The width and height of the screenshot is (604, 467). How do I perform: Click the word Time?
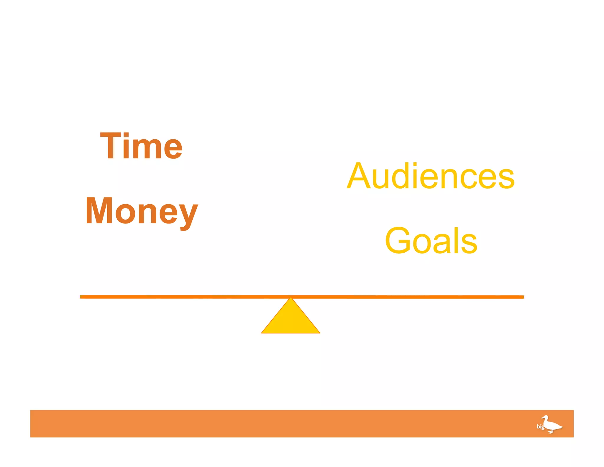pyautogui.click(x=141, y=146)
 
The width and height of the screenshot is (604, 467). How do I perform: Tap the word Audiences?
pyautogui.click(x=431, y=177)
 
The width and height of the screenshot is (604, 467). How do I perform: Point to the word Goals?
pyautogui.click(x=431, y=240)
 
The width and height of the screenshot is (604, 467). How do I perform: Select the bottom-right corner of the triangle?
pyautogui.click(x=319, y=333)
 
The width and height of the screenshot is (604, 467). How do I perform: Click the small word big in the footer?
pyautogui.click(x=540, y=426)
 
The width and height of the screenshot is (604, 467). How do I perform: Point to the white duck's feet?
pyautogui.click(x=551, y=432)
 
